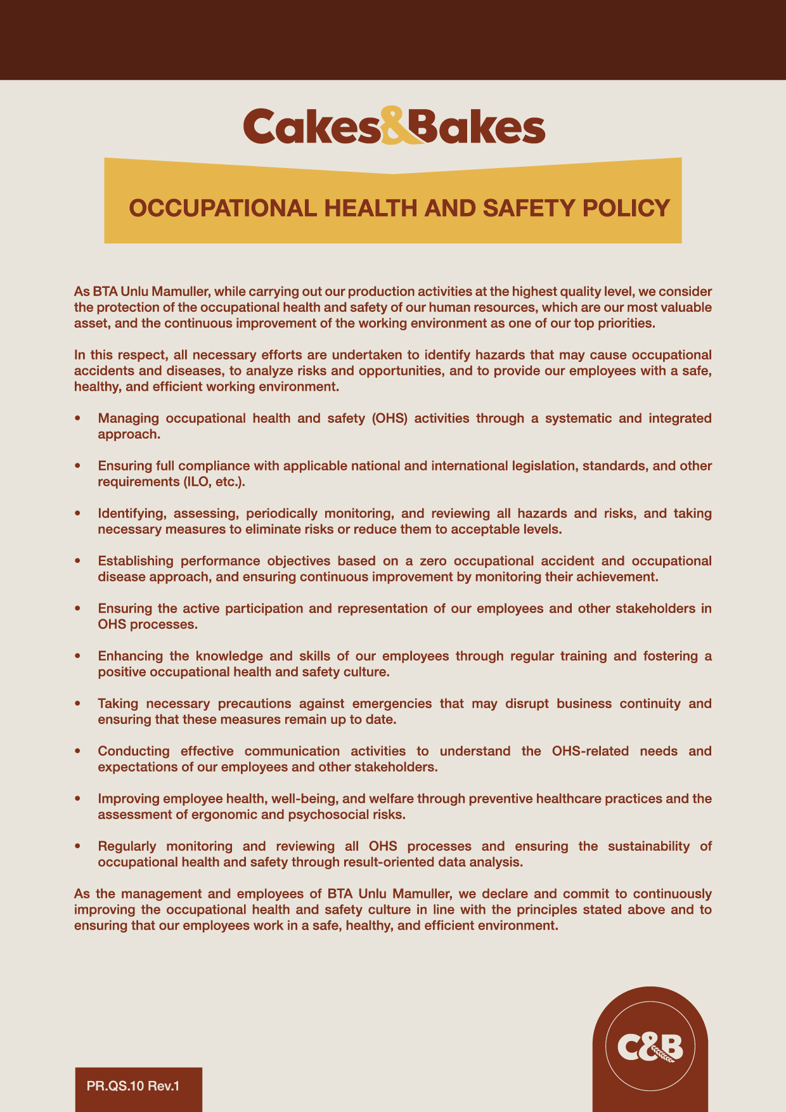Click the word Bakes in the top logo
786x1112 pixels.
point(477,127)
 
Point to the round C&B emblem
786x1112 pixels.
point(650,1046)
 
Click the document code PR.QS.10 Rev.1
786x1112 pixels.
point(133,1086)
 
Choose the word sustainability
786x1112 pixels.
point(648,846)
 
